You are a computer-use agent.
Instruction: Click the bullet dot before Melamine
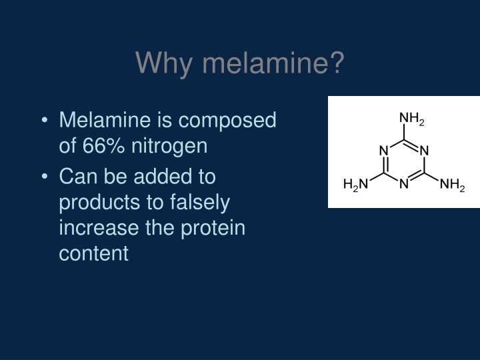click(x=44, y=121)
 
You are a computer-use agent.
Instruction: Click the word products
click(x=99, y=203)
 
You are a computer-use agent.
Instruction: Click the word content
click(x=93, y=253)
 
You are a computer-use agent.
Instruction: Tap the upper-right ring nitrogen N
click(x=423, y=151)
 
